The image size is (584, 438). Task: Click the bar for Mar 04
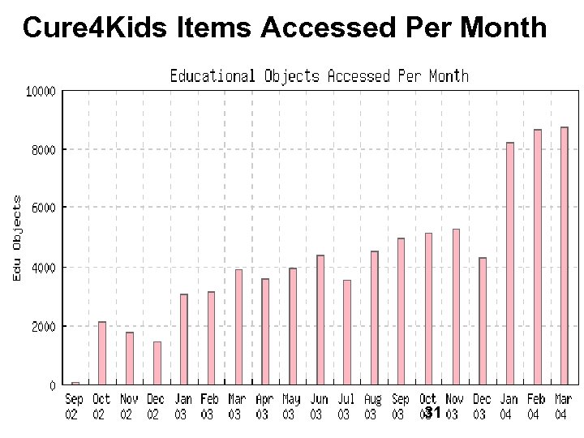click(x=565, y=255)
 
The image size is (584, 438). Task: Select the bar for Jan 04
click(x=510, y=263)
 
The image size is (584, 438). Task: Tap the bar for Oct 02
click(x=102, y=353)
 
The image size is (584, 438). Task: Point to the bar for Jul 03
click(x=347, y=332)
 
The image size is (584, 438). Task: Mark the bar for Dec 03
click(x=483, y=320)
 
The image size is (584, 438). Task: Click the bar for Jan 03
click(x=184, y=339)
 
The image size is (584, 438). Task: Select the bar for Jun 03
click(x=320, y=320)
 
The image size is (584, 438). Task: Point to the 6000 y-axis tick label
click(x=43, y=208)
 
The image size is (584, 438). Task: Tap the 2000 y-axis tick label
click(x=43, y=326)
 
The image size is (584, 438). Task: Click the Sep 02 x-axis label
click(x=74, y=406)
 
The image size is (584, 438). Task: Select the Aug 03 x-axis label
click(x=372, y=406)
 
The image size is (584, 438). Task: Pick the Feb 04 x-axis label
click(x=535, y=406)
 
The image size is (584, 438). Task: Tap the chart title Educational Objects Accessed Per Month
click(x=319, y=76)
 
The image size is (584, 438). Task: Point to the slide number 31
click(x=433, y=413)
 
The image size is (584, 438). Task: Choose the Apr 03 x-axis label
click(x=264, y=406)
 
